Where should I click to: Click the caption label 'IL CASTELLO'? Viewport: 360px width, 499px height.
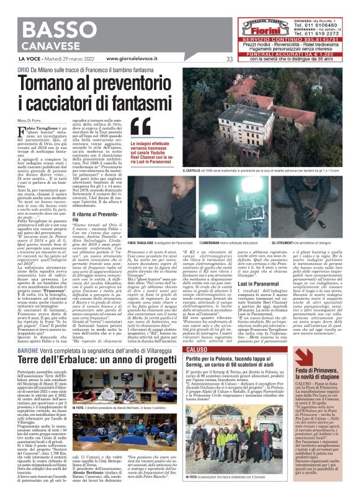click(209, 171)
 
